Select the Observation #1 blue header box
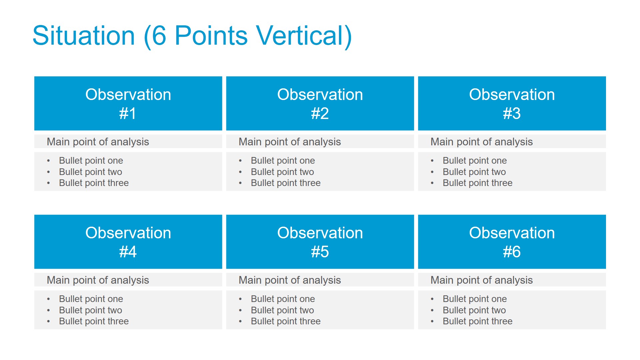pyautogui.click(x=128, y=103)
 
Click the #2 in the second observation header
pyautogui.click(x=320, y=113)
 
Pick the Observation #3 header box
pyautogui.click(x=512, y=103)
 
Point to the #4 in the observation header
pyautogui.click(x=128, y=252)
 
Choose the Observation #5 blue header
pyautogui.click(x=320, y=242)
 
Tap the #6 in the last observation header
pyautogui.click(x=512, y=252)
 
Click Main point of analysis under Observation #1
pyautogui.click(x=98, y=142)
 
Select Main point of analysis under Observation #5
pyautogui.click(x=290, y=280)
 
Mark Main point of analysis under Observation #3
pyautogui.click(x=482, y=142)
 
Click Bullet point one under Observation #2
pyautogui.click(x=283, y=161)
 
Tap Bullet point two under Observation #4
pyautogui.click(x=91, y=310)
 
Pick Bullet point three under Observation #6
pyautogui.click(x=478, y=321)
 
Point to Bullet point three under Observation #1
pyautogui.click(x=94, y=183)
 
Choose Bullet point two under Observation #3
pyautogui.click(x=474, y=172)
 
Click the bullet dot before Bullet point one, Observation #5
pyautogui.click(x=240, y=299)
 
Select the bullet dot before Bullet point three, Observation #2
pyautogui.click(x=240, y=183)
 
